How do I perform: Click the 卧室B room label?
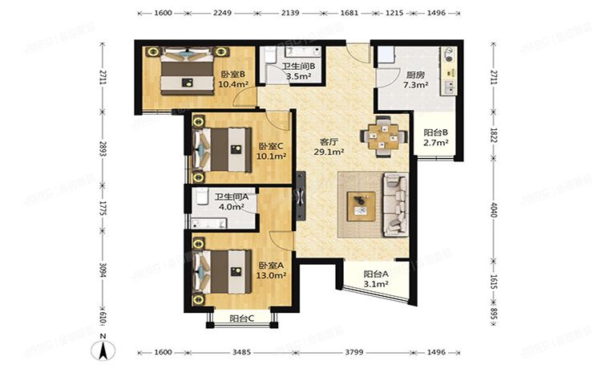tap(232, 75)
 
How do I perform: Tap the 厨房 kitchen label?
tap(391, 74)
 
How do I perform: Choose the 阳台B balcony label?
tap(435, 133)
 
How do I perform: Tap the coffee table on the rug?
tap(362, 205)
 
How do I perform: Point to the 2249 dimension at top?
tap(223, 14)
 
